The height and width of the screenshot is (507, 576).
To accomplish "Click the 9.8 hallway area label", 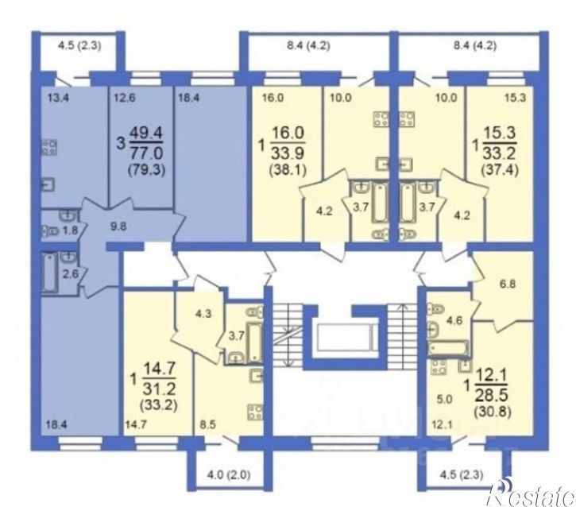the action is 118,226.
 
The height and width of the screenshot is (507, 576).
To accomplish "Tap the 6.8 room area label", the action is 507,284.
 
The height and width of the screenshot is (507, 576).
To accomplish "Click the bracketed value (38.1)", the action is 288,170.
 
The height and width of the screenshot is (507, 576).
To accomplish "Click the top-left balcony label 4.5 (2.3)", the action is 79,46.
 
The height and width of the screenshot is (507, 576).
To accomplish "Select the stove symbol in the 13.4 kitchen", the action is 48,147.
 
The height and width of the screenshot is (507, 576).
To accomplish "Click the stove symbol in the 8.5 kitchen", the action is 255,412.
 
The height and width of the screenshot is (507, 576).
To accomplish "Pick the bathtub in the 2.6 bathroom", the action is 49,273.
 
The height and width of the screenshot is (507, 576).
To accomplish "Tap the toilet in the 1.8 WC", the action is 49,231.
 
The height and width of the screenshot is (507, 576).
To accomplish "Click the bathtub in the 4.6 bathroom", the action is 448,347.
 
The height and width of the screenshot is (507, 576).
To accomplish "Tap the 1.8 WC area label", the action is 71,231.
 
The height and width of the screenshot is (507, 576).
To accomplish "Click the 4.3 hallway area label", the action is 203,315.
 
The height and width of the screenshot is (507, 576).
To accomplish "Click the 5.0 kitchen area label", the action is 444,399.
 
